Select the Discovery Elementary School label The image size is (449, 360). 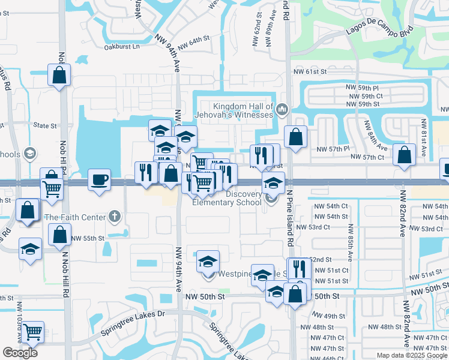coord(227,197)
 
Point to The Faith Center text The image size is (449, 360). coord(75,217)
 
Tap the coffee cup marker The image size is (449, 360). coord(98,179)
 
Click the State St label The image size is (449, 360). coord(45,126)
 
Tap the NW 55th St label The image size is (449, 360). coord(88,238)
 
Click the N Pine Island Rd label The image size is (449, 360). coord(289,217)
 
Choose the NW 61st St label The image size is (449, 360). coord(309,72)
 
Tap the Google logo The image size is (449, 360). coord(20,353)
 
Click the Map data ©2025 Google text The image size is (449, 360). coord(412,355)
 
